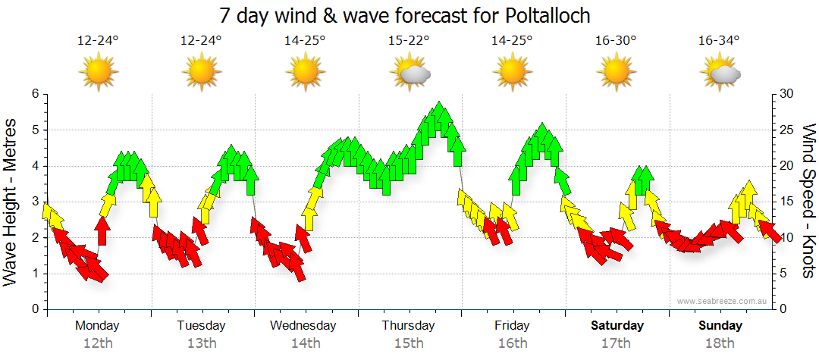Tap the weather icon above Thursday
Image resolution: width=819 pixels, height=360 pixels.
409,72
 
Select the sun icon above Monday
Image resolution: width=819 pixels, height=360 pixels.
99,72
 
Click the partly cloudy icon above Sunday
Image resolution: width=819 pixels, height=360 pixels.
720,72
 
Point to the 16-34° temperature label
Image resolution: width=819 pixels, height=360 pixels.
719,41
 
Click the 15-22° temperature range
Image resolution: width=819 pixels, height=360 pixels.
409,41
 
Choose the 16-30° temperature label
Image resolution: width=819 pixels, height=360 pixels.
616,41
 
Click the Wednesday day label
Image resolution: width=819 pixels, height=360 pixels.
303,326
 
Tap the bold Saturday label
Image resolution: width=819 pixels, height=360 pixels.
617,326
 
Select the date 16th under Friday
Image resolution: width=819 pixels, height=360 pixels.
513,343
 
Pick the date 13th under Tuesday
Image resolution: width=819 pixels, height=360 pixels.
202,343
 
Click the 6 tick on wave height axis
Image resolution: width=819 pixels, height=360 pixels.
35,94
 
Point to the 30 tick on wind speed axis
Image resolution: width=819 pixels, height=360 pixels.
788,94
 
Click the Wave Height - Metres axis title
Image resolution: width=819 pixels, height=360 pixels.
11,201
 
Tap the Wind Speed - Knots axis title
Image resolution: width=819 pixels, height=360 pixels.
808,201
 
